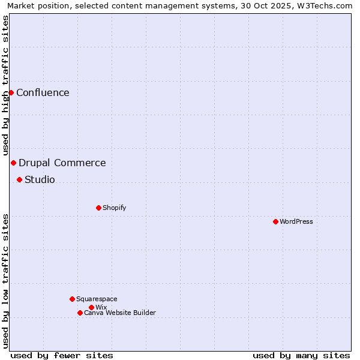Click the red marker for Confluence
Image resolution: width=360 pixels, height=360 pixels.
pyautogui.click(x=11, y=92)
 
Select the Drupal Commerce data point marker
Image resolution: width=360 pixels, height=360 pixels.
pyautogui.click(x=13, y=163)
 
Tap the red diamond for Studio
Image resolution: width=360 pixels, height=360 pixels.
pyautogui.click(x=19, y=179)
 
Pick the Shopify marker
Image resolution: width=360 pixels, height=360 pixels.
pyautogui.click(x=98, y=208)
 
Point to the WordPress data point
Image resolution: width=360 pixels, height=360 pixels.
pyautogui.click(x=275, y=221)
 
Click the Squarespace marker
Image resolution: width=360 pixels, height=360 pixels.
pyautogui.click(x=72, y=299)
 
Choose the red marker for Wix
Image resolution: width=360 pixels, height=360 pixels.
pyautogui.click(x=91, y=307)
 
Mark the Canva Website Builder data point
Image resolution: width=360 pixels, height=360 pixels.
pyautogui.click(x=80, y=313)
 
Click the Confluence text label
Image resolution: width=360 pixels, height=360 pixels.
pyautogui.click(x=43, y=92)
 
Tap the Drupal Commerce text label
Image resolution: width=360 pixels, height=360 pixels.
pyautogui.click(x=62, y=163)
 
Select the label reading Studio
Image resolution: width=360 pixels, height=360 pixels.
pyautogui.click(x=40, y=179)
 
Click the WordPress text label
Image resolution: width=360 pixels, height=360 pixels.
pyautogui.click(x=296, y=221)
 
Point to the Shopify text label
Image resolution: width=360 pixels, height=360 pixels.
pyautogui.click(x=114, y=208)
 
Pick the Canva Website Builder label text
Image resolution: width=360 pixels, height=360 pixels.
pyautogui.click(x=120, y=313)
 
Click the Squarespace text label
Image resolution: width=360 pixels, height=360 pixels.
pyautogui.click(x=97, y=299)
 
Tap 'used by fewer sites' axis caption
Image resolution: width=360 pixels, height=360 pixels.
pyautogui.click(x=62, y=355)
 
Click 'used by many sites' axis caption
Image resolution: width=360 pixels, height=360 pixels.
pyautogui.click(x=301, y=355)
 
